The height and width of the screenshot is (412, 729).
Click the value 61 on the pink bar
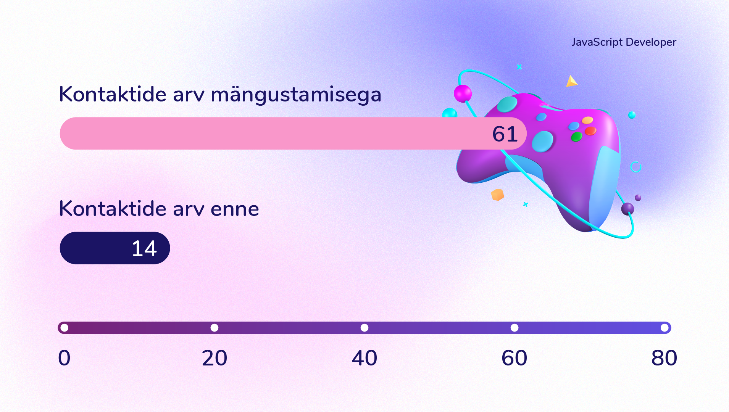(x=505, y=134)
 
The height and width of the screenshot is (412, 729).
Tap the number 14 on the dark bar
(x=144, y=248)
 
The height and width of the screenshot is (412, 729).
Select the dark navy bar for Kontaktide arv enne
(x=115, y=248)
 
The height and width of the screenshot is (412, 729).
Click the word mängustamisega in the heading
(x=296, y=95)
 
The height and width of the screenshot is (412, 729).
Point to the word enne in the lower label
(x=235, y=209)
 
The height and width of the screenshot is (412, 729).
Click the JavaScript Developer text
(x=624, y=42)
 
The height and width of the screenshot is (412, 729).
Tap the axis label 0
(x=64, y=358)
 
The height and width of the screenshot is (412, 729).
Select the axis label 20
(x=215, y=358)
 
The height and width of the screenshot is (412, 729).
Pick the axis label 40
(x=364, y=358)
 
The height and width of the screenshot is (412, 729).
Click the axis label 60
(x=514, y=358)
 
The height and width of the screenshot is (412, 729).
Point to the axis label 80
(x=664, y=358)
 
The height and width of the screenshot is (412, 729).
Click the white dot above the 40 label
(x=364, y=328)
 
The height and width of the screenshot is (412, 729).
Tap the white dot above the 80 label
(x=664, y=328)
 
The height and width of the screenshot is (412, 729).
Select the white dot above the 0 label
(x=65, y=328)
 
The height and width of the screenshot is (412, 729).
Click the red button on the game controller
(x=590, y=131)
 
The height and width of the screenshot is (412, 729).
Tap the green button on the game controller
(x=576, y=137)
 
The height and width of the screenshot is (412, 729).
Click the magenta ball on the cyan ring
(x=463, y=93)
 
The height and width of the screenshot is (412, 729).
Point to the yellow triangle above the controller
(x=571, y=81)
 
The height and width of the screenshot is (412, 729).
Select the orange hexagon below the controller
(x=497, y=195)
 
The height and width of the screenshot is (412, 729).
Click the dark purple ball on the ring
(x=627, y=209)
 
